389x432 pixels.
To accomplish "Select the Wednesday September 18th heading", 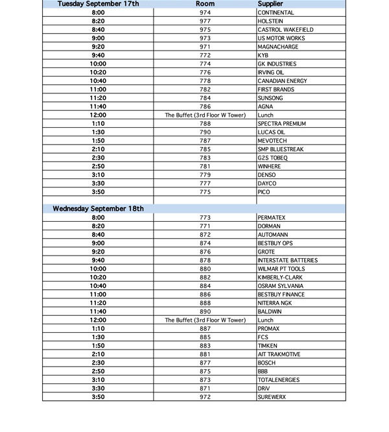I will coord(98,209).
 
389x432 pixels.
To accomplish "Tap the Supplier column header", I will coord(270,4).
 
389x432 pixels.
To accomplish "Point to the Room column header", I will coord(205,4).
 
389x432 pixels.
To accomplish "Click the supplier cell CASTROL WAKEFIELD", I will coord(285,30).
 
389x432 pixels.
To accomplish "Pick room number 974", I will coord(205,13).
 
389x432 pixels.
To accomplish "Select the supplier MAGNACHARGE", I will coord(277,47).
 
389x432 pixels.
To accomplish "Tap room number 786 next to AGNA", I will coord(205,106).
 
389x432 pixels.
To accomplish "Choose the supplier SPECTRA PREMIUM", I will coord(281,123).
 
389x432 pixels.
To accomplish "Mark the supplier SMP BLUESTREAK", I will coord(280,149).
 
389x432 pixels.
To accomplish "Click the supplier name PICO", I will coord(263,192).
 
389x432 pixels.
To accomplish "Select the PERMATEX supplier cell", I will coord(272,218).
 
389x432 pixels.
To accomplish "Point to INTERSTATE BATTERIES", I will coord(287,261).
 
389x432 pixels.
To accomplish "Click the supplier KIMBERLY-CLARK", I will coord(280,278).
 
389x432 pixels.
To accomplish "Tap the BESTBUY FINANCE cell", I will coord(281,294).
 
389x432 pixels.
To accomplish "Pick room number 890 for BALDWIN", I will coord(205,312).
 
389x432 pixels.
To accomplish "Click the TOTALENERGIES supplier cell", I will coord(279,380).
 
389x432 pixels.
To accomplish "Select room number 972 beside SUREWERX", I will coord(205,397).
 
